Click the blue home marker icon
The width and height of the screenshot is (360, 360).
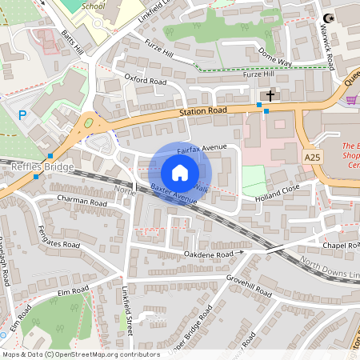[179, 173]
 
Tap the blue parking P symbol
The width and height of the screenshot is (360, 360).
[22, 115]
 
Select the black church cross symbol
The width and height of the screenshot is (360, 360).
[270, 95]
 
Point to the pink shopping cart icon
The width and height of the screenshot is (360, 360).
[351, 99]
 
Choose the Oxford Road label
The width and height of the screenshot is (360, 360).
[145, 81]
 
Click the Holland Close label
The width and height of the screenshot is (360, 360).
[277, 191]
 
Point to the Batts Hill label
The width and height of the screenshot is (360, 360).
[73, 42]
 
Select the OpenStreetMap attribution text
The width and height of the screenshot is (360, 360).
[81, 354]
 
